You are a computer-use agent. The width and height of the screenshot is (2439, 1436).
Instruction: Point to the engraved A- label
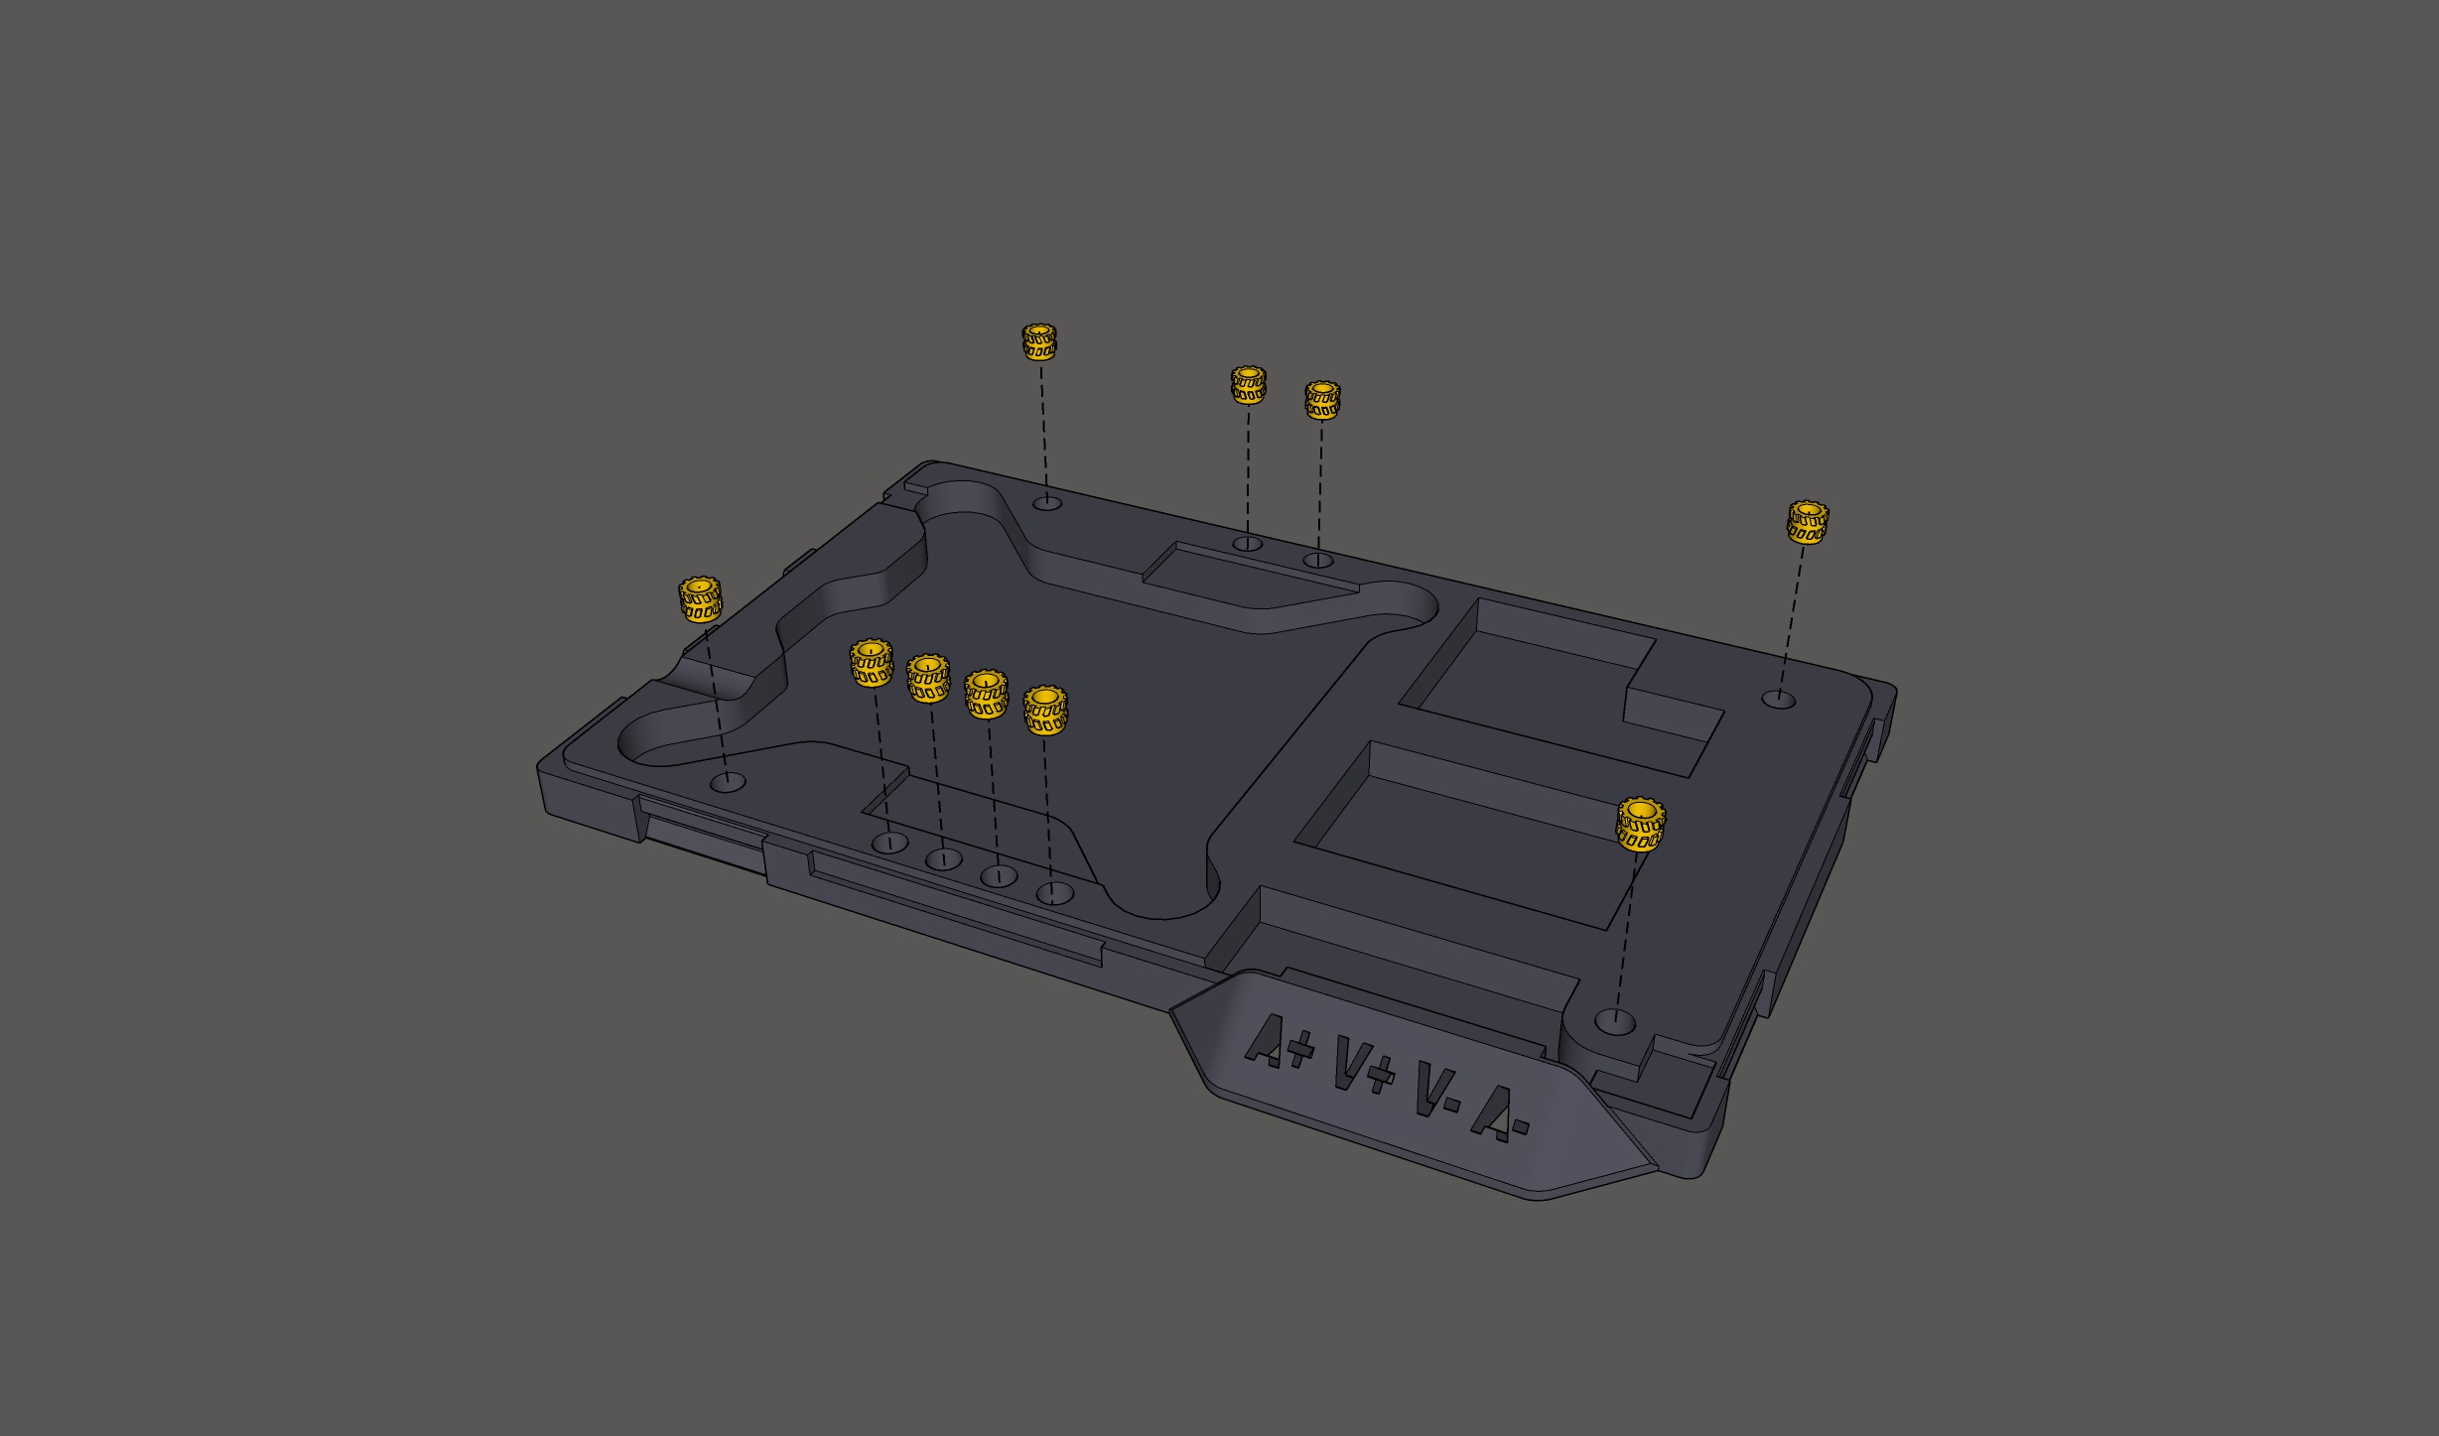pos(1499,1112)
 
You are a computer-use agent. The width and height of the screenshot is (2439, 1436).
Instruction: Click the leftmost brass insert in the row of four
pos(872,663)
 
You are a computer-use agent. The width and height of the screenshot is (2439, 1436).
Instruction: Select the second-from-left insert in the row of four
pos(928,678)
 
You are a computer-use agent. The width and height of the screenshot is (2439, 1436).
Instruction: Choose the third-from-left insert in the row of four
pos(987,694)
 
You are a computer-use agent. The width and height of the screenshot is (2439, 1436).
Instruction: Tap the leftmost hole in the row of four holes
pos(890,844)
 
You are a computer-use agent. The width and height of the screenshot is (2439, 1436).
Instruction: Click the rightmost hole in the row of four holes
pos(1055,893)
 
